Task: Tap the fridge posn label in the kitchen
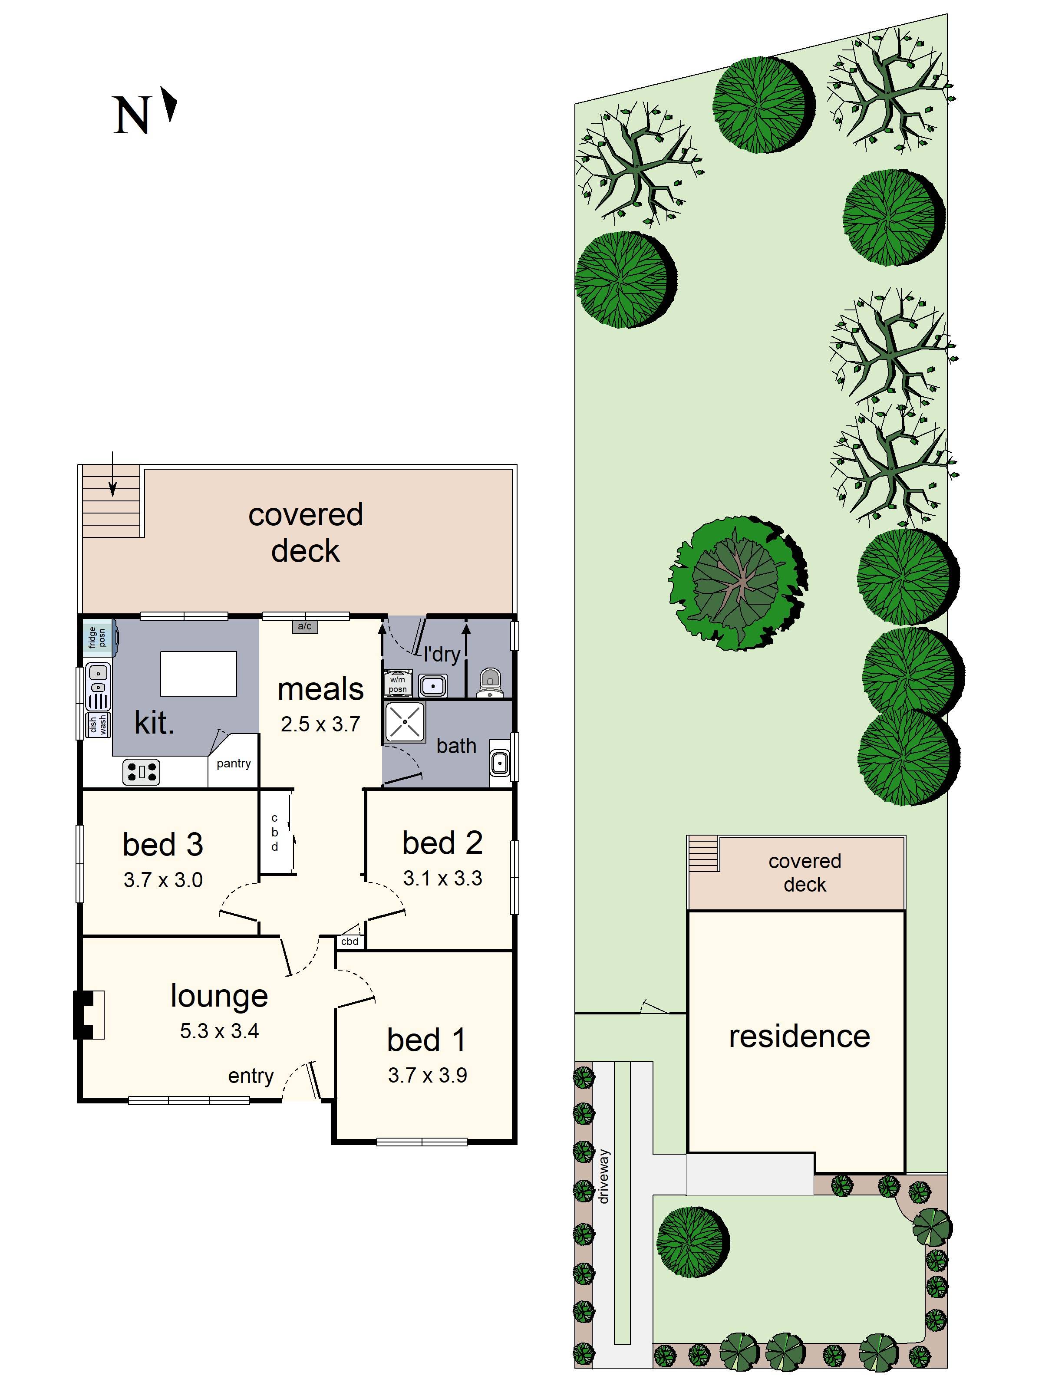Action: tap(97, 637)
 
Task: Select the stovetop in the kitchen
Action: tap(141, 772)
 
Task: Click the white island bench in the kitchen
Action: tap(198, 674)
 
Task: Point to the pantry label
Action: tap(234, 764)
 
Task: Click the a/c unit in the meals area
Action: tap(305, 626)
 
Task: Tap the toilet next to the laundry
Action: tap(489, 683)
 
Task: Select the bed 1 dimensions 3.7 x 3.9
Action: tap(427, 1075)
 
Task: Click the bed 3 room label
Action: tap(163, 845)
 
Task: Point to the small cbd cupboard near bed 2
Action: tap(350, 941)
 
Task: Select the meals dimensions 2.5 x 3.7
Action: tap(320, 724)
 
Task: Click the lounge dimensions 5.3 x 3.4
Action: tap(219, 1031)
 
